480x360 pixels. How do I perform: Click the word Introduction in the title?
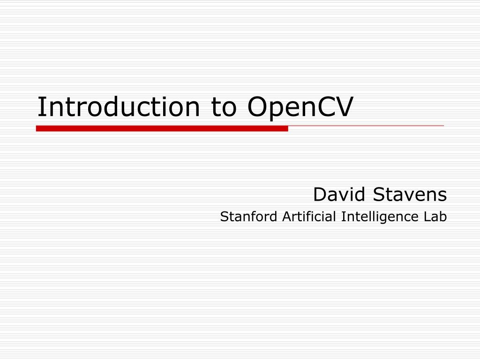click(x=119, y=107)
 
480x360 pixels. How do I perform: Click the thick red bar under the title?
click(x=162, y=128)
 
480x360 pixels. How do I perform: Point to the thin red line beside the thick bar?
click(x=366, y=126)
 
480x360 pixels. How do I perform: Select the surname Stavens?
click(x=410, y=194)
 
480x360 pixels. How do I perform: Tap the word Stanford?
click(x=249, y=217)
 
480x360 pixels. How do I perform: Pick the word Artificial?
click(x=309, y=217)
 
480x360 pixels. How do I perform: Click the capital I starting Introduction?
click(x=41, y=107)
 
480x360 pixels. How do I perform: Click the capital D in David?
click(x=319, y=194)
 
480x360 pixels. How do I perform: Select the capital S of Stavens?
click(x=379, y=194)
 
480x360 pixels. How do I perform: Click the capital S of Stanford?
click(x=224, y=217)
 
